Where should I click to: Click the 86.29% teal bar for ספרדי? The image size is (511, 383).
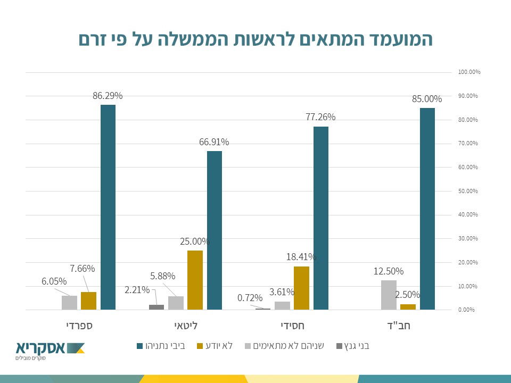coord(108,207)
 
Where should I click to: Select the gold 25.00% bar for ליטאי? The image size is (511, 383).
coord(195,280)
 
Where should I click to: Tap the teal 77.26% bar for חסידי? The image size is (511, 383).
coord(321,218)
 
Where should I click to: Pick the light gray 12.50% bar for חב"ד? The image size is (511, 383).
coord(389,295)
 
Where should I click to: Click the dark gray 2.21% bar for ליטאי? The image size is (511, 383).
coord(156,307)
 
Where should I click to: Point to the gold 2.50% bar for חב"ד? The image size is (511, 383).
coord(408,307)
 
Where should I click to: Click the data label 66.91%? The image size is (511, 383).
coord(214,142)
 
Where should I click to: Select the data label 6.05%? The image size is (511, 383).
coord(54,281)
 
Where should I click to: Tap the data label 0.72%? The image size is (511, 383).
coord(250,298)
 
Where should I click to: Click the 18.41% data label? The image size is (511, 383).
coord(301,257)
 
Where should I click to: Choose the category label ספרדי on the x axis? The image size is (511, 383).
coord(79,324)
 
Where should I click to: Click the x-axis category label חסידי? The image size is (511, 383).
coord(292,324)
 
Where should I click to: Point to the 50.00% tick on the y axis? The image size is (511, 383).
coord(468,191)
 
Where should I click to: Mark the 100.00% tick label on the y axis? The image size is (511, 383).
coord(469,72)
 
